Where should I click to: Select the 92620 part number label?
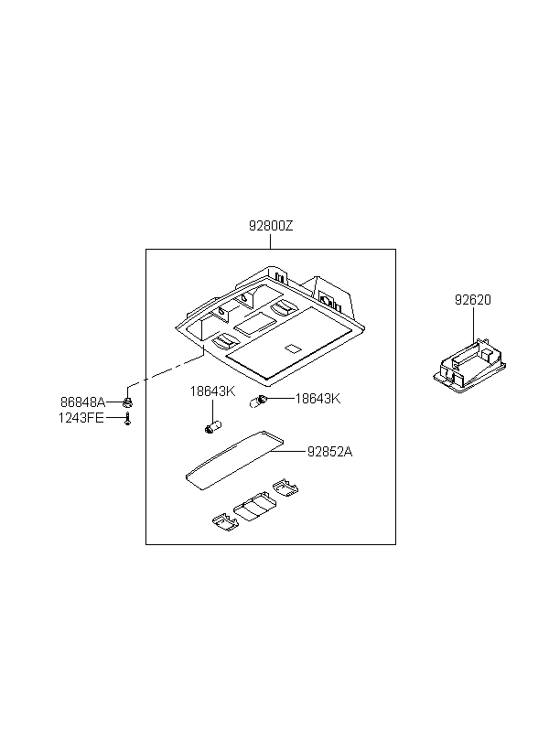tap(473, 300)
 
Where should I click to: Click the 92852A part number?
tap(329, 451)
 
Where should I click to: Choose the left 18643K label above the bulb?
tap(212, 391)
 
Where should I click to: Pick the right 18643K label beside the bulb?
tap(317, 399)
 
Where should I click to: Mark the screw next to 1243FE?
tap(128, 418)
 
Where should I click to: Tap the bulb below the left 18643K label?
tap(212, 425)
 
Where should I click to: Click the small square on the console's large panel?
tap(293, 348)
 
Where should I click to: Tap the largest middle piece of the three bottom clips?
tap(252, 509)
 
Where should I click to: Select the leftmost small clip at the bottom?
tap(222, 520)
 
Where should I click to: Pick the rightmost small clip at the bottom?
tap(285, 489)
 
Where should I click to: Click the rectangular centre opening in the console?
tap(255, 323)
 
